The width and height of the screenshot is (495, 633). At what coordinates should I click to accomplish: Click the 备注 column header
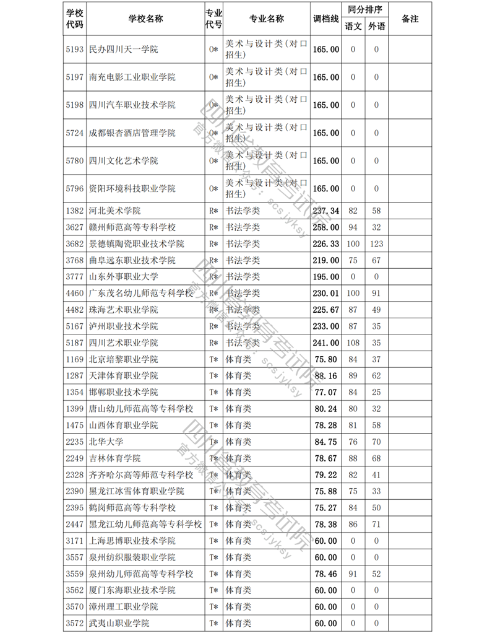[410, 19]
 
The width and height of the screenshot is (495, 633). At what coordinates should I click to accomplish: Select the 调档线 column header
[325, 19]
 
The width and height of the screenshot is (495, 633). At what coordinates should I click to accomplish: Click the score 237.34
[325, 211]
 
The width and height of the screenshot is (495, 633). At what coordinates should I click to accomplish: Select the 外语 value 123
[376, 244]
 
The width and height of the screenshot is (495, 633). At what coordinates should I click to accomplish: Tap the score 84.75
[325, 442]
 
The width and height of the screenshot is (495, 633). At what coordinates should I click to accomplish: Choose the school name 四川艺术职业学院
[124, 343]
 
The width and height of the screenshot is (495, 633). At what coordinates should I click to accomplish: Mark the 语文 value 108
[353, 343]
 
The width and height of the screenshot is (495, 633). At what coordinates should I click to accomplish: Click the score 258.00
[325, 227]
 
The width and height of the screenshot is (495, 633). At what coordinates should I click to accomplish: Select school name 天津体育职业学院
[124, 376]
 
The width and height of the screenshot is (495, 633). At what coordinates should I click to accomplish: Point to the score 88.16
[325, 376]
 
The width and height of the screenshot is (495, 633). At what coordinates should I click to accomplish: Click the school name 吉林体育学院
[115, 458]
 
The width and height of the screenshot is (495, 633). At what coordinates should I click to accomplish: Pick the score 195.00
[325, 277]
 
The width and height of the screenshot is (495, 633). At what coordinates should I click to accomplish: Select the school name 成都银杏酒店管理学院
[132, 133]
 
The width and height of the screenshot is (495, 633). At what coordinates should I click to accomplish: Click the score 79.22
[325, 474]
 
